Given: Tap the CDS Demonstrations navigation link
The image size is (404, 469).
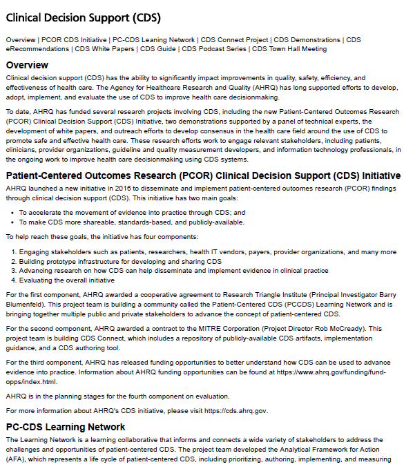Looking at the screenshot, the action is click(x=307, y=40).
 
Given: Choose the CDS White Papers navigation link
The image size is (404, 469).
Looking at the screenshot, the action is click(x=105, y=48).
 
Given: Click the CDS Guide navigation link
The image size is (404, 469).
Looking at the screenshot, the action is click(x=159, y=48).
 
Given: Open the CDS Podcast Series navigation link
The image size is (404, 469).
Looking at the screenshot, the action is click(x=214, y=48).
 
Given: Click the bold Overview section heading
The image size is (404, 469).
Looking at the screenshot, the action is click(x=27, y=65).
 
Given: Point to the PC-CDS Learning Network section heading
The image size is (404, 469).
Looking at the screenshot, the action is click(x=66, y=427).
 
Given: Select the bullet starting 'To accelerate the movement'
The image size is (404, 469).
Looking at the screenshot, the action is click(x=132, y=213).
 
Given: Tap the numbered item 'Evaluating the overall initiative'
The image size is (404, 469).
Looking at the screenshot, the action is click(x=66, y=280).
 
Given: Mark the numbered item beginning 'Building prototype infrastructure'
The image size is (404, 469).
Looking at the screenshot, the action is click(x=120, y=262).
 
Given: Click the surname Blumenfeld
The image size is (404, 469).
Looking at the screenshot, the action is click(x=26, y=305).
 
